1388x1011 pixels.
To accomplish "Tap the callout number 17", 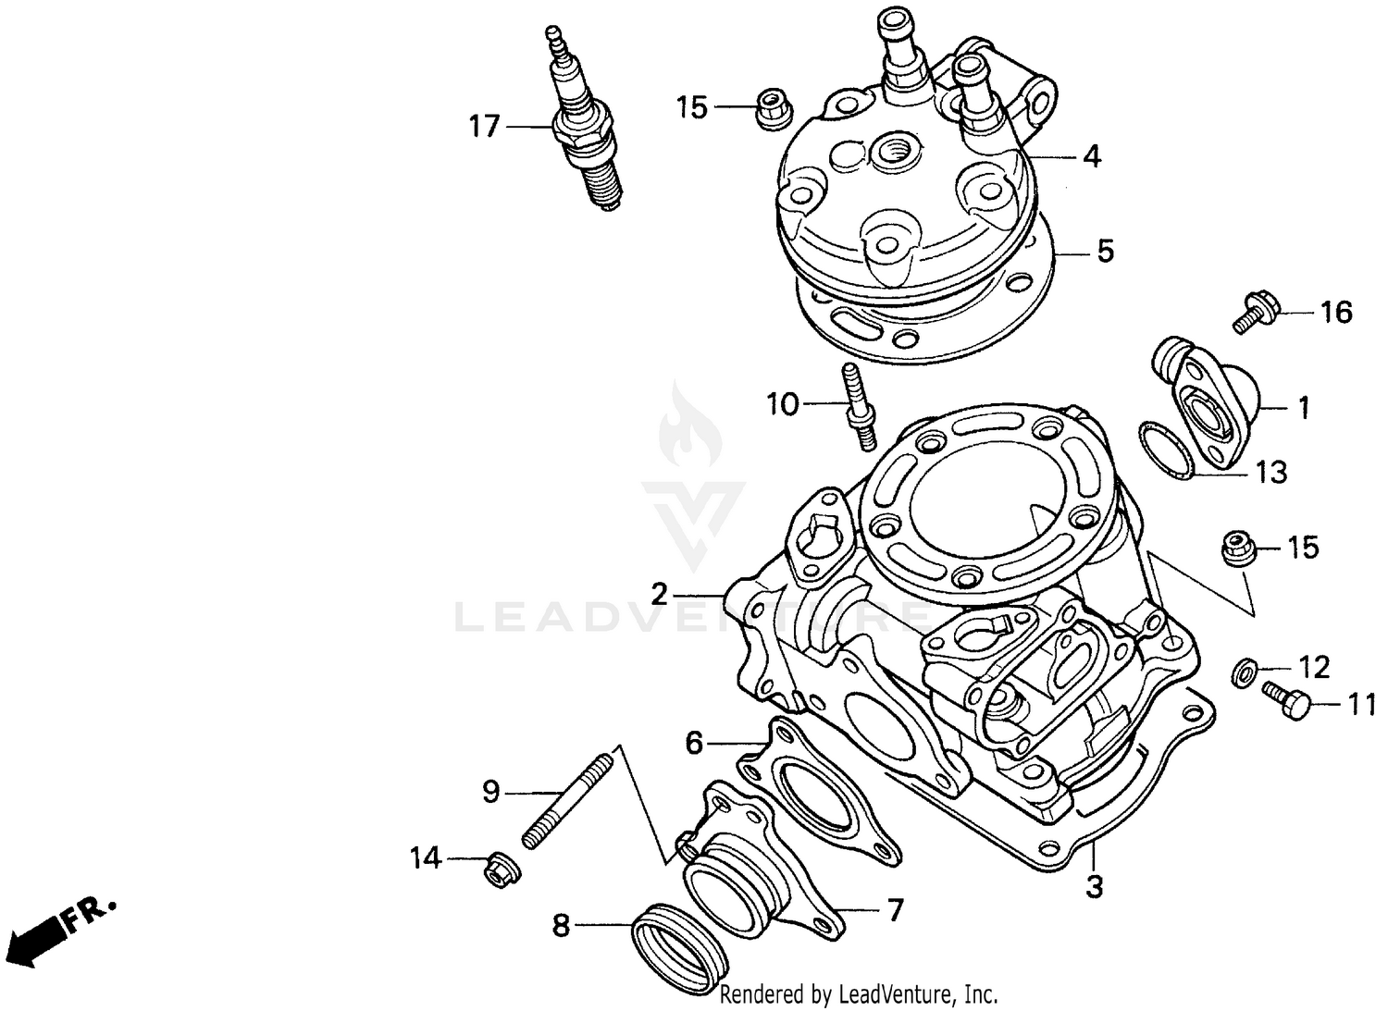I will tap(484, 126).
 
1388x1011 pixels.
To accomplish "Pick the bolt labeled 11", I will tap(1287, 702).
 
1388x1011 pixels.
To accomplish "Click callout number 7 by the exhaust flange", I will tap(895, 910).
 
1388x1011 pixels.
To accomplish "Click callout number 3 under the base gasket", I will tap(1094, 887).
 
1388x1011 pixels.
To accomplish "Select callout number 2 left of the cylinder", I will tap(659, 593).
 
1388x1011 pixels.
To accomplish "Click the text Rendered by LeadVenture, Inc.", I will tap(859, 995).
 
